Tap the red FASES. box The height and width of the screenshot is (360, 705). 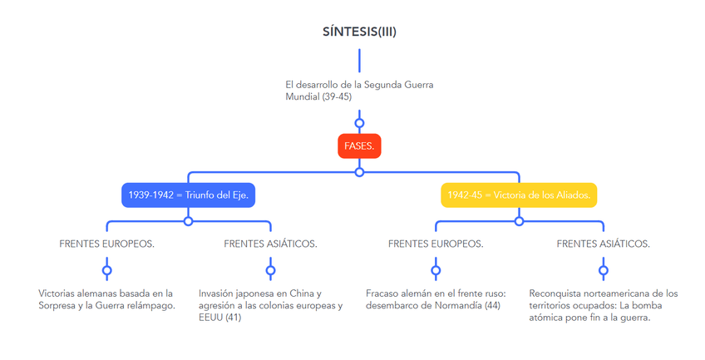(x=359, y=146)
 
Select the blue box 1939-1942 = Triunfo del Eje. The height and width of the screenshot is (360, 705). (x=188, y=195)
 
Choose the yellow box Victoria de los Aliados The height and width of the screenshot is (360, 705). (x=518, y=195)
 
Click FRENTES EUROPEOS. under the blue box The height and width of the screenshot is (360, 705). (x=106, y=244)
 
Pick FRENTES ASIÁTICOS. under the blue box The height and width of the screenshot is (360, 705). (x=270, y=244)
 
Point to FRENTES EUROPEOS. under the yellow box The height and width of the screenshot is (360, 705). (x=436, y=244)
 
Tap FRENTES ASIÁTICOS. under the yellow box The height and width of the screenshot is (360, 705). (x=603, y=244)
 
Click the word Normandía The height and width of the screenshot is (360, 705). (x=454, y=305)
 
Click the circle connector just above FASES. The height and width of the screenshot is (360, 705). (x=359, y=123)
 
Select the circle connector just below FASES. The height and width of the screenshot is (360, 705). (x=359, y=172)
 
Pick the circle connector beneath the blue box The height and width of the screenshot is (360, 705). (x=188, y=221)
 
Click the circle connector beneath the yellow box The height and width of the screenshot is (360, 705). (x=519, y=221)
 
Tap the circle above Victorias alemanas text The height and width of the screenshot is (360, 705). (x=106, y=270)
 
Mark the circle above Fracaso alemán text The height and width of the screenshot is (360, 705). (x=436, y=270)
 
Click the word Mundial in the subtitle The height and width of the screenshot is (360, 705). (x=302, y=96)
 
